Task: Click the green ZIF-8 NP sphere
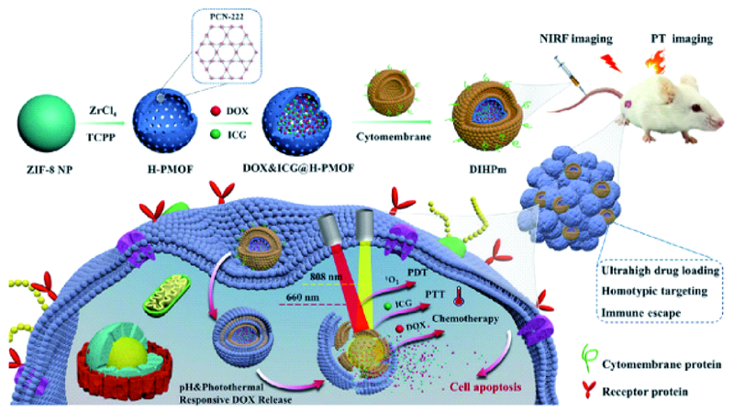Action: pos(47,123)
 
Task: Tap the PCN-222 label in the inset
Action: pos(227,17)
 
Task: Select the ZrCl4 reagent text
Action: pos(103,110)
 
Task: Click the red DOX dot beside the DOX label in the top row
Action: pos(216,111)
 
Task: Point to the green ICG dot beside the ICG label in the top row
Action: pos(216,134)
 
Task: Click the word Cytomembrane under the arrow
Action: pos(394,137)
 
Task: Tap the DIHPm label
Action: pos(488,170)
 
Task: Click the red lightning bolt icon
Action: pos(611,62)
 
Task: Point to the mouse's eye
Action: pos(696,108)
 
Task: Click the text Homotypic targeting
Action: pos(654,291)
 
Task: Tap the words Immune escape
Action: pos(640,313)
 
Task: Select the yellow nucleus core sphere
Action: pos(128,348)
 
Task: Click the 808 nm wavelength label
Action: pos(326,277)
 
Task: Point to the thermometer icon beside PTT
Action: pos(458,296)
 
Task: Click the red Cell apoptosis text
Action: pos(485,387)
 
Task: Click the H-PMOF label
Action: pos(171,170)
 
